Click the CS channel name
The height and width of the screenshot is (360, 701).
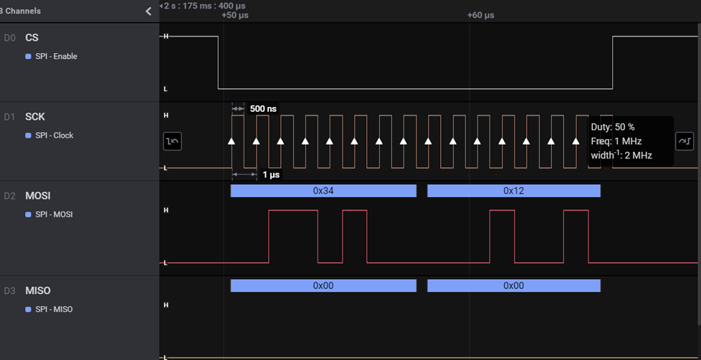pos(32,37)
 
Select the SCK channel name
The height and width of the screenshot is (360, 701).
pos(35,116)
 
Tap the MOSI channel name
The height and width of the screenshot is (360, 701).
pos(37,196)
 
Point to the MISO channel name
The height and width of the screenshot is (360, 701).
pos(37,290)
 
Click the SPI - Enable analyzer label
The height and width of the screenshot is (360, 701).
pos(56,56)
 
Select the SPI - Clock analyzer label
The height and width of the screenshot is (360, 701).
pos(54,135)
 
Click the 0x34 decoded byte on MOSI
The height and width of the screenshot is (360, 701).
pos(323,191)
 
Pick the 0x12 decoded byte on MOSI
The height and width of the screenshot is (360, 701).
pos(513,191)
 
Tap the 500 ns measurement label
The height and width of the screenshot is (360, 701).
pos(263,108)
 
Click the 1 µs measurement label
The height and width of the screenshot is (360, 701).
pos(271,174)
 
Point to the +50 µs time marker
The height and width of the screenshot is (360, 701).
pos(234,15)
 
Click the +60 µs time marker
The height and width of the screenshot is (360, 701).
pos(480,15)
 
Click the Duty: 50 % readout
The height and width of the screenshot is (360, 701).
pos(612,127)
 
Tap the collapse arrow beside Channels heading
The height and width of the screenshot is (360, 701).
pos(148,11)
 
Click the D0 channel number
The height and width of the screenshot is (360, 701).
pos(9,37)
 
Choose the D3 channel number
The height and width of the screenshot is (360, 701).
pos(9,290)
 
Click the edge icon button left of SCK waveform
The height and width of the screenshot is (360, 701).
pos(172,141)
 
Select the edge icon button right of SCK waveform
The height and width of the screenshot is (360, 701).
pos(684,141)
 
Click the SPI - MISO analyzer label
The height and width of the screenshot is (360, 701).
pos(54,309)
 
